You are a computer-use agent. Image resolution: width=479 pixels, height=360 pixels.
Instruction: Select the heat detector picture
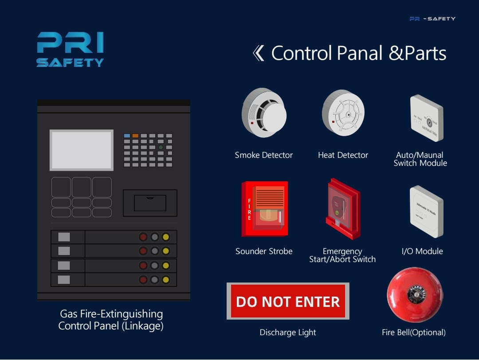[x=343, y=113]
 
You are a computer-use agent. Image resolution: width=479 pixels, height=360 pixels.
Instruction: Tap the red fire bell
[x=415, y=295]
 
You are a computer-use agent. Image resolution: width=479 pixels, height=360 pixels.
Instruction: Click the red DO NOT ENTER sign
[x=288, y=301]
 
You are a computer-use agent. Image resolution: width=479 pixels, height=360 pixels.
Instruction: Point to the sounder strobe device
[x=265, y=209]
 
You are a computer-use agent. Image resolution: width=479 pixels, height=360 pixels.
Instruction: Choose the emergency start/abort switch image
[x=342, y=208]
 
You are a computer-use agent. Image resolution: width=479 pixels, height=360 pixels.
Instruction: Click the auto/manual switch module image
[x=426, y=117]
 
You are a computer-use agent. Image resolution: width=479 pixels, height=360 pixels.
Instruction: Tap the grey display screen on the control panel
[x=82, y=150]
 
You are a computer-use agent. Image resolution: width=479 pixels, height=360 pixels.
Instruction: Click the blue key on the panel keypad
[x=127, y=136]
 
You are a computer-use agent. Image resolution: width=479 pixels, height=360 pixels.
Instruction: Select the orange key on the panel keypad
[x=135, y=136]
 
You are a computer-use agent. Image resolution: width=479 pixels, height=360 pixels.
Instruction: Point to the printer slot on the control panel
[x=150, y=203]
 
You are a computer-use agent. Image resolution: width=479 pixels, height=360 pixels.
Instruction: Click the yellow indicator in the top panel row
[x=166, y=237]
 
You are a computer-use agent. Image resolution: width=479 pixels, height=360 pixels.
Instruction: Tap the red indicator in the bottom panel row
[x=143, y=280]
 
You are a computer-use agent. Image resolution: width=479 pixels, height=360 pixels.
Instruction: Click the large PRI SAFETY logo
[x=70, y=49]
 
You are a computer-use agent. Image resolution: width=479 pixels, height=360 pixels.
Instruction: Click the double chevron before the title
[x=258, y=53]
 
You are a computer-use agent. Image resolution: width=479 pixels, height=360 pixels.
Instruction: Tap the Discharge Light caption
[x=288, y=333]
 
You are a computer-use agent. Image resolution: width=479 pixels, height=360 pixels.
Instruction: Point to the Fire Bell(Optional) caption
[x=413, y=333]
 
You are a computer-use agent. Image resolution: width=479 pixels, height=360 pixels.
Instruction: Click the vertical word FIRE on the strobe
[x=249, y=209]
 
